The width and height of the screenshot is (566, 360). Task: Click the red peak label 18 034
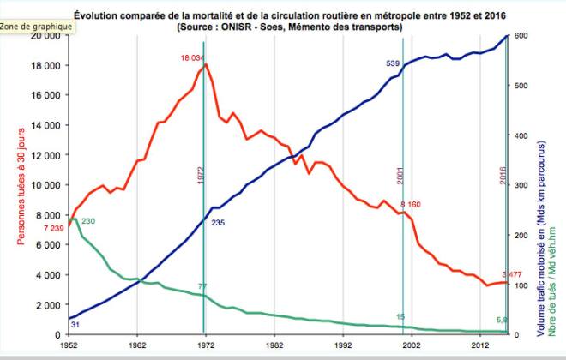pos(192,57)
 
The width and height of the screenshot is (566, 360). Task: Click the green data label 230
pos(88,222)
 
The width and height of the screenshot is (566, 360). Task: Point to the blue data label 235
pos(218,223)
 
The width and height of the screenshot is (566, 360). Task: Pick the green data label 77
pos(203,285)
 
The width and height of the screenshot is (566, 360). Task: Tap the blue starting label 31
pos(75,325)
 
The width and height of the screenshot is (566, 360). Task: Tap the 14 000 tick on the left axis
pos(45,125)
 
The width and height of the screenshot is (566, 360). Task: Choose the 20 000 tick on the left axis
pos(45,36)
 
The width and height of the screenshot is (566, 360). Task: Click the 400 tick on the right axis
pos(521,135)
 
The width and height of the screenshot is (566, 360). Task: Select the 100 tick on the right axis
pos(521,285)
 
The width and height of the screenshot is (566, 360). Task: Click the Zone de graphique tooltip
pos(35,27)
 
